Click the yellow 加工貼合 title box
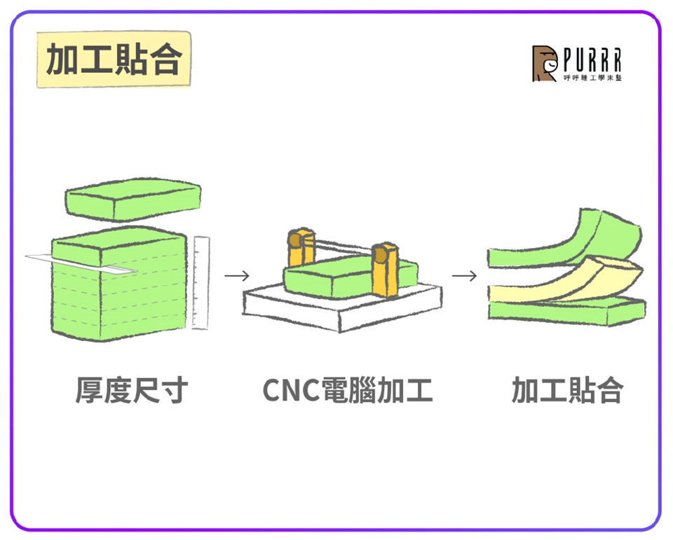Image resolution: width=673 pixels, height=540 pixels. coord(113,60)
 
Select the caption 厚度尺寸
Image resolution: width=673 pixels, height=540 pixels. coord(131,391)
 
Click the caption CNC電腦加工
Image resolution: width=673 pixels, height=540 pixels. coord(348,391)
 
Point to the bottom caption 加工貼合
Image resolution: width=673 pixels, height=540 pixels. coord(567,391)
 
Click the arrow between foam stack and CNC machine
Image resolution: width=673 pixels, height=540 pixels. coord(237,275)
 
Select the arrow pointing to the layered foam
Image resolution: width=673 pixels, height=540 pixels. coord(464,275)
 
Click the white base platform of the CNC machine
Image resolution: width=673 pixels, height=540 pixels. coord(344,308)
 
